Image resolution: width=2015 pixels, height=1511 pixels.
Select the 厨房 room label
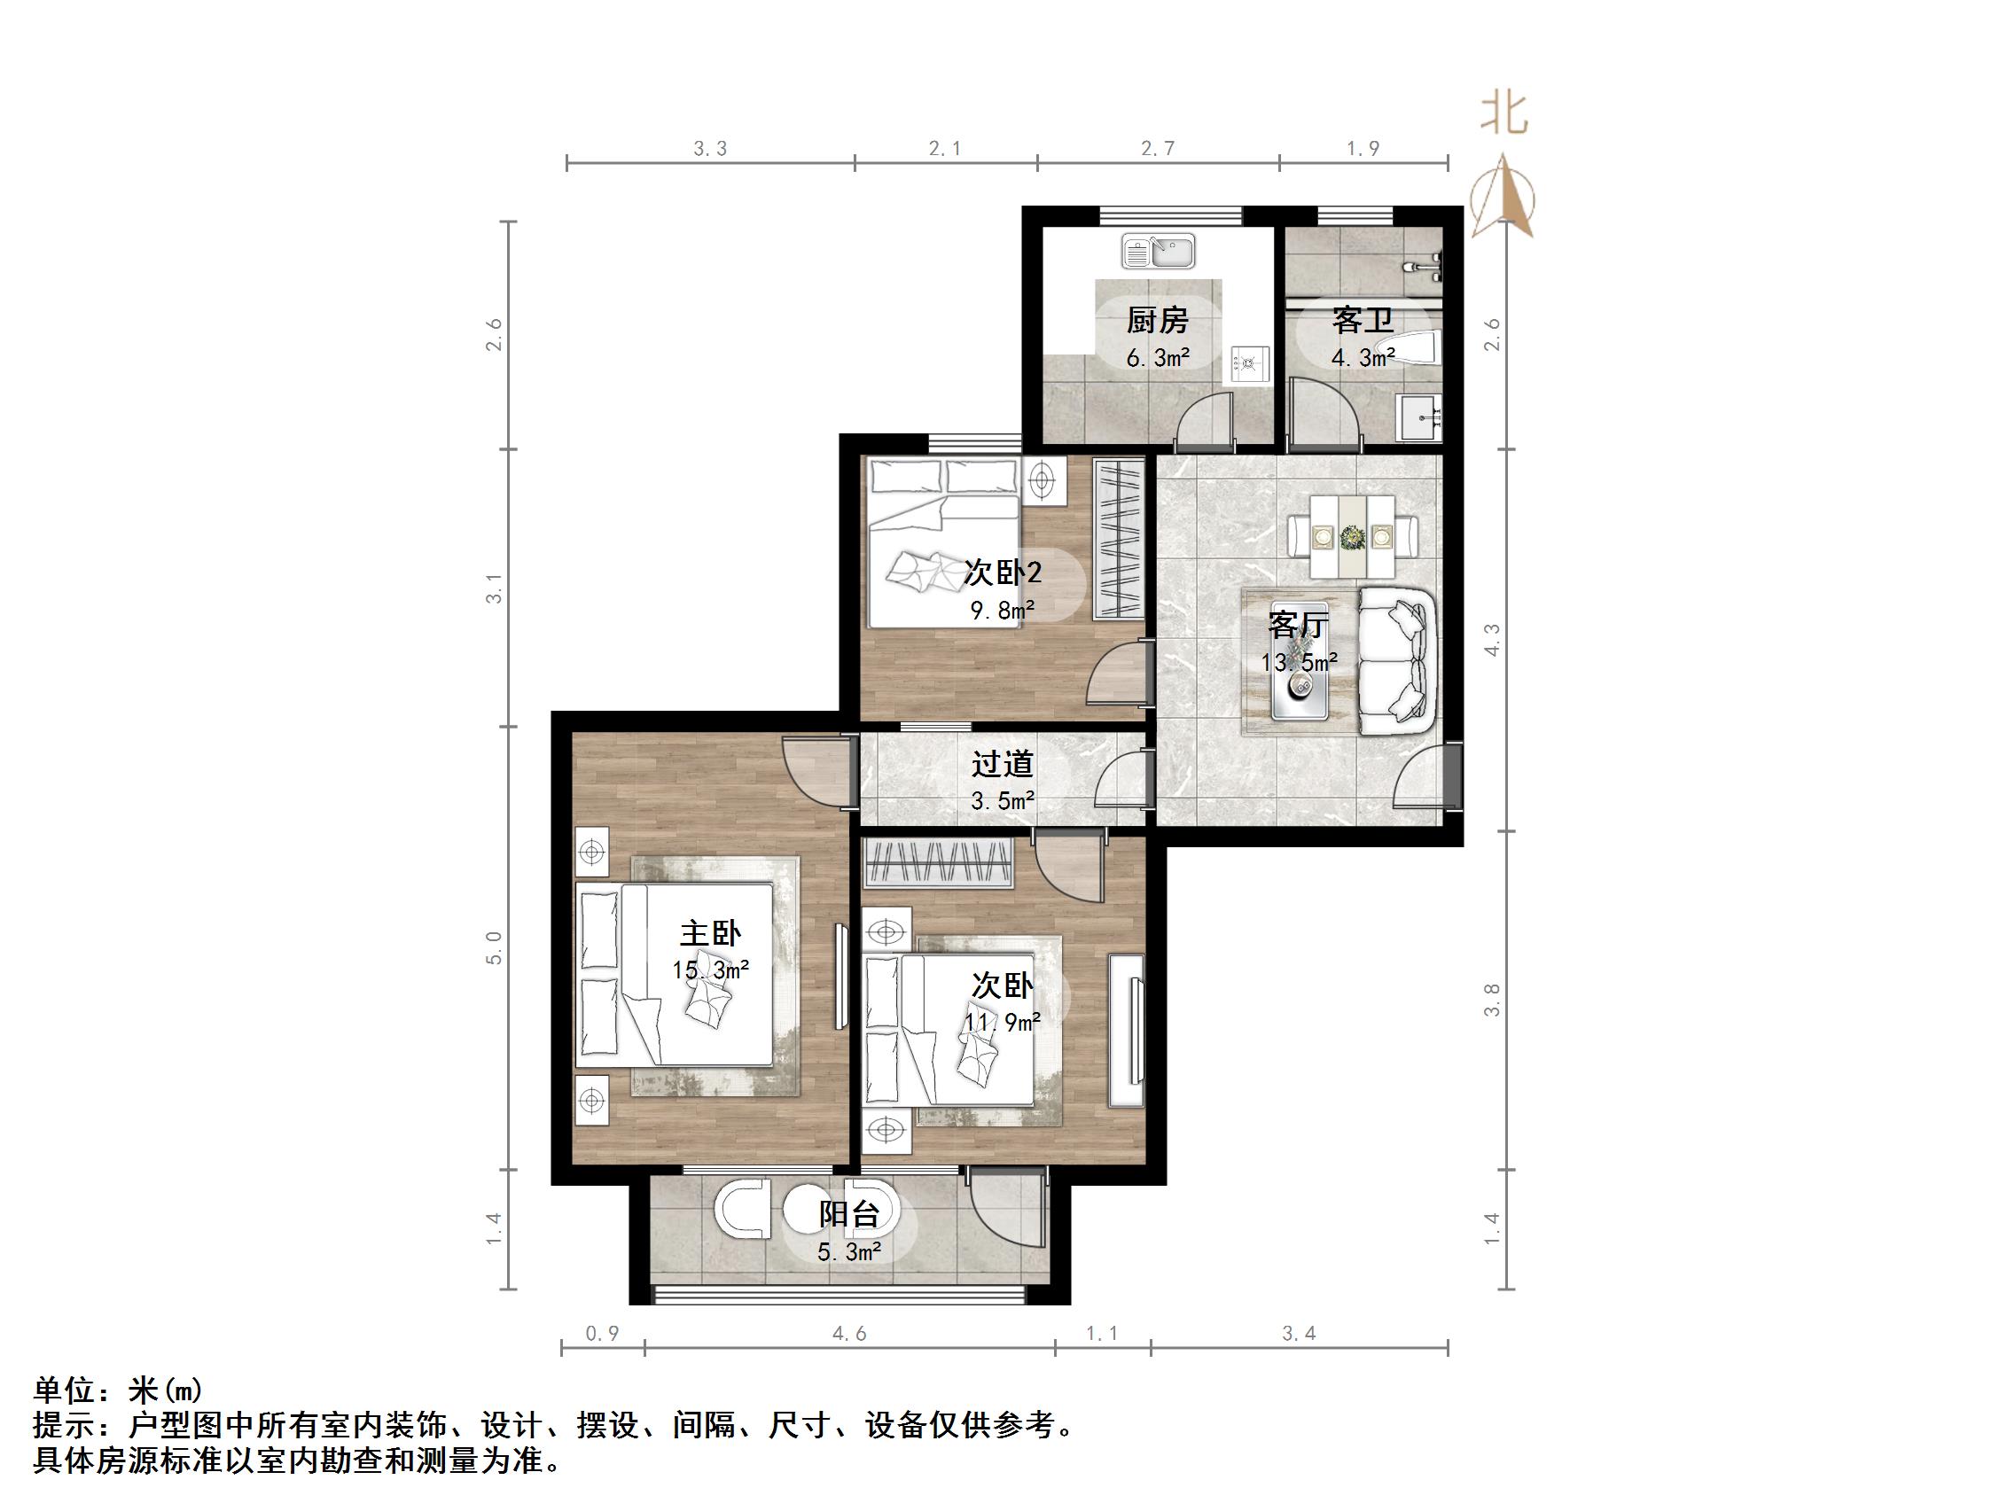(1157, 321)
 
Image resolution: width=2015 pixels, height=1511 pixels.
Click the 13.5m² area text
(1299, 663)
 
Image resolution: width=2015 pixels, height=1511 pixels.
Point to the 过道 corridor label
(1002, 763)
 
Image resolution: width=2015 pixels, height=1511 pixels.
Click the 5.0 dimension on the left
(494, 947)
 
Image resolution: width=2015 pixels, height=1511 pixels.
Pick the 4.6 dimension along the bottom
(849, 1335)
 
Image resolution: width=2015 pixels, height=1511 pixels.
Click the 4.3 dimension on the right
(1492, 640)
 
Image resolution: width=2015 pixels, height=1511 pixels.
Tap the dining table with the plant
(1352, 536)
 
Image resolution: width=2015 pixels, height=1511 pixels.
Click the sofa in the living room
(1397, 661)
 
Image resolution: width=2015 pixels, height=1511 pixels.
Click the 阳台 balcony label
(849, 1214)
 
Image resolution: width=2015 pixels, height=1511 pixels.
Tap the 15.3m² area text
(711, 970)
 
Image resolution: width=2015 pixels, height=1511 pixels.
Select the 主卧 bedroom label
(711, 933)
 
